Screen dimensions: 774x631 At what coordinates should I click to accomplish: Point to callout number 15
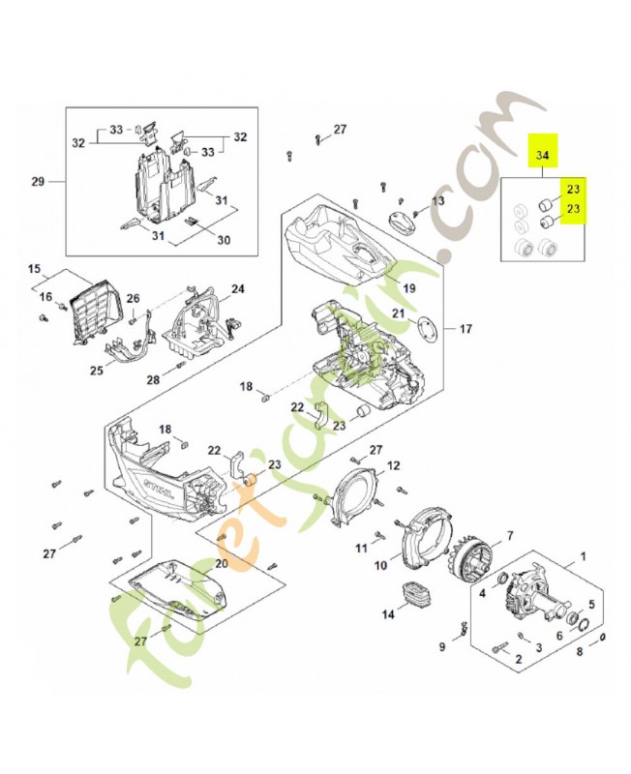point(34,268)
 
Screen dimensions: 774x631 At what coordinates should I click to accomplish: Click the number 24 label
point(237,288)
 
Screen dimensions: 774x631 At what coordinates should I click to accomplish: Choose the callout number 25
point(97,370)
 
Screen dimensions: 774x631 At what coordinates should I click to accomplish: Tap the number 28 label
point(153,379)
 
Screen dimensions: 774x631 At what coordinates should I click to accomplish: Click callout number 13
point(438,200)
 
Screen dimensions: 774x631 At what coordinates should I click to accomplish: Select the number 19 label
point(408,288)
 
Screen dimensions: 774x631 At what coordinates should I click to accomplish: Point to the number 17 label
point(466,329)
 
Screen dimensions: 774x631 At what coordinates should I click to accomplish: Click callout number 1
point(583,556)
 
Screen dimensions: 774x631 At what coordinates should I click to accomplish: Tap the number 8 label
point(580,653)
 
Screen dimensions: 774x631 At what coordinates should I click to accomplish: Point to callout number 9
point(441,646)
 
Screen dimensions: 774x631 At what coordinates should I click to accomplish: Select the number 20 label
point(220,563)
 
